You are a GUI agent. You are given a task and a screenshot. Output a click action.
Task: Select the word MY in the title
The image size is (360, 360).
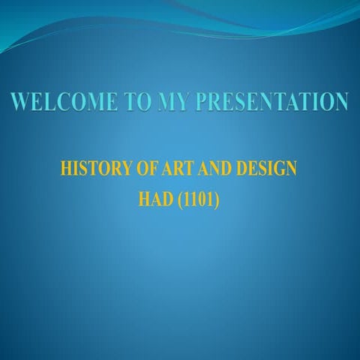coord(169,101)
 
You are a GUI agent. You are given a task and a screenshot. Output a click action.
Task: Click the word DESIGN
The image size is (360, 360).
coord(268,169)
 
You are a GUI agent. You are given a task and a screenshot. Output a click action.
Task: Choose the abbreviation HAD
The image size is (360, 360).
coord(155,200)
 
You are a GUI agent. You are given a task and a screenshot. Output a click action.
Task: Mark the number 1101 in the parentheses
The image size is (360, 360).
coord(199,200)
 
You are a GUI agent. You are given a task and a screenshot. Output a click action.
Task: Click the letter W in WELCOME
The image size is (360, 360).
coord(21,101)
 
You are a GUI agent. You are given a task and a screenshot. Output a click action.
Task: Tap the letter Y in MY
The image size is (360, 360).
coord(178,101)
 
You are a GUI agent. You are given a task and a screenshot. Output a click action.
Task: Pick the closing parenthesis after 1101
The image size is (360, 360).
coord(217,200)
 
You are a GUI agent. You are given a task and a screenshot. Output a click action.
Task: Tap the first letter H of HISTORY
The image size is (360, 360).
coord(66,169)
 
